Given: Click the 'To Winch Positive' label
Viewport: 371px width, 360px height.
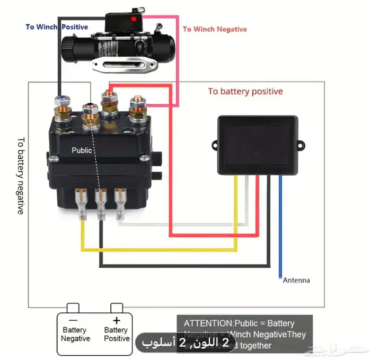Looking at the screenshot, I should point(57,26).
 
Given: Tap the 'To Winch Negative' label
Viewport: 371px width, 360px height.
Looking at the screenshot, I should point(215,29).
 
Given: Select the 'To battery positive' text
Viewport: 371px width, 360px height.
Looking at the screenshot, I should point(245,92).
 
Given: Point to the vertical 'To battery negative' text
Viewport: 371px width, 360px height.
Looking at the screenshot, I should point(20,175).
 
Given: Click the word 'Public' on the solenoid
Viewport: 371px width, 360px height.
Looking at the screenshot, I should point(82,150).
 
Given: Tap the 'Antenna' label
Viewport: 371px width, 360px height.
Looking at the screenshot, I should point(296,280).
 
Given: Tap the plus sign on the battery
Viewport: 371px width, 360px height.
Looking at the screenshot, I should point(117,320).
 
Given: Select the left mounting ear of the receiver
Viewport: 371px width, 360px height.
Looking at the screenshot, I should point(215,144).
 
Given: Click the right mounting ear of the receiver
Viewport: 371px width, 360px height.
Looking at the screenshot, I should point(302,143).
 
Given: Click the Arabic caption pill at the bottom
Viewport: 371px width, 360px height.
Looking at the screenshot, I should point(186,343).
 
